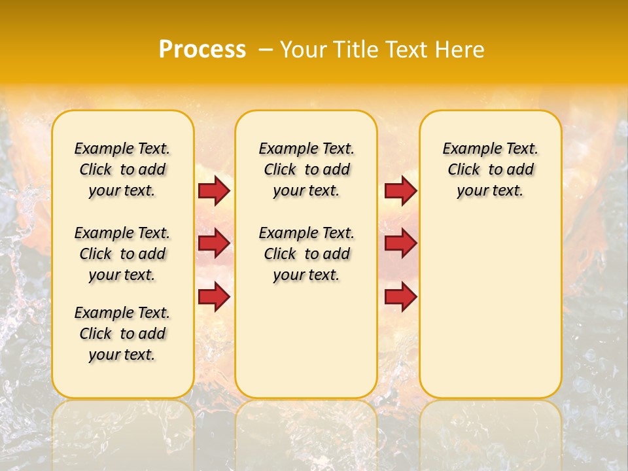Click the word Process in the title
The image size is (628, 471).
(x=201, y=50)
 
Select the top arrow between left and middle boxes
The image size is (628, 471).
(x=213, y=191)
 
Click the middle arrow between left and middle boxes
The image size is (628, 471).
(x=213, y=243)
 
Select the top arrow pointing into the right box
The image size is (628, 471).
(x=400, y=191)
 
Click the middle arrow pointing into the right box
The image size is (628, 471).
(x=400, y=243)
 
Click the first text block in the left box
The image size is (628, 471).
(x=122, y=169)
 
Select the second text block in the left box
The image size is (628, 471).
(x=122, y=254)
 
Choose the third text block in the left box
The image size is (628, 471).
(x=122, y=334)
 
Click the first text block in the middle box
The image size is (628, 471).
(x=306, y=169)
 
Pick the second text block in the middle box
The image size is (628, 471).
(x=306, y=254)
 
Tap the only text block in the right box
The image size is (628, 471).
(x=490, y=169)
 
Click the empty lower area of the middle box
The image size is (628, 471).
(x=306, y=340)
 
